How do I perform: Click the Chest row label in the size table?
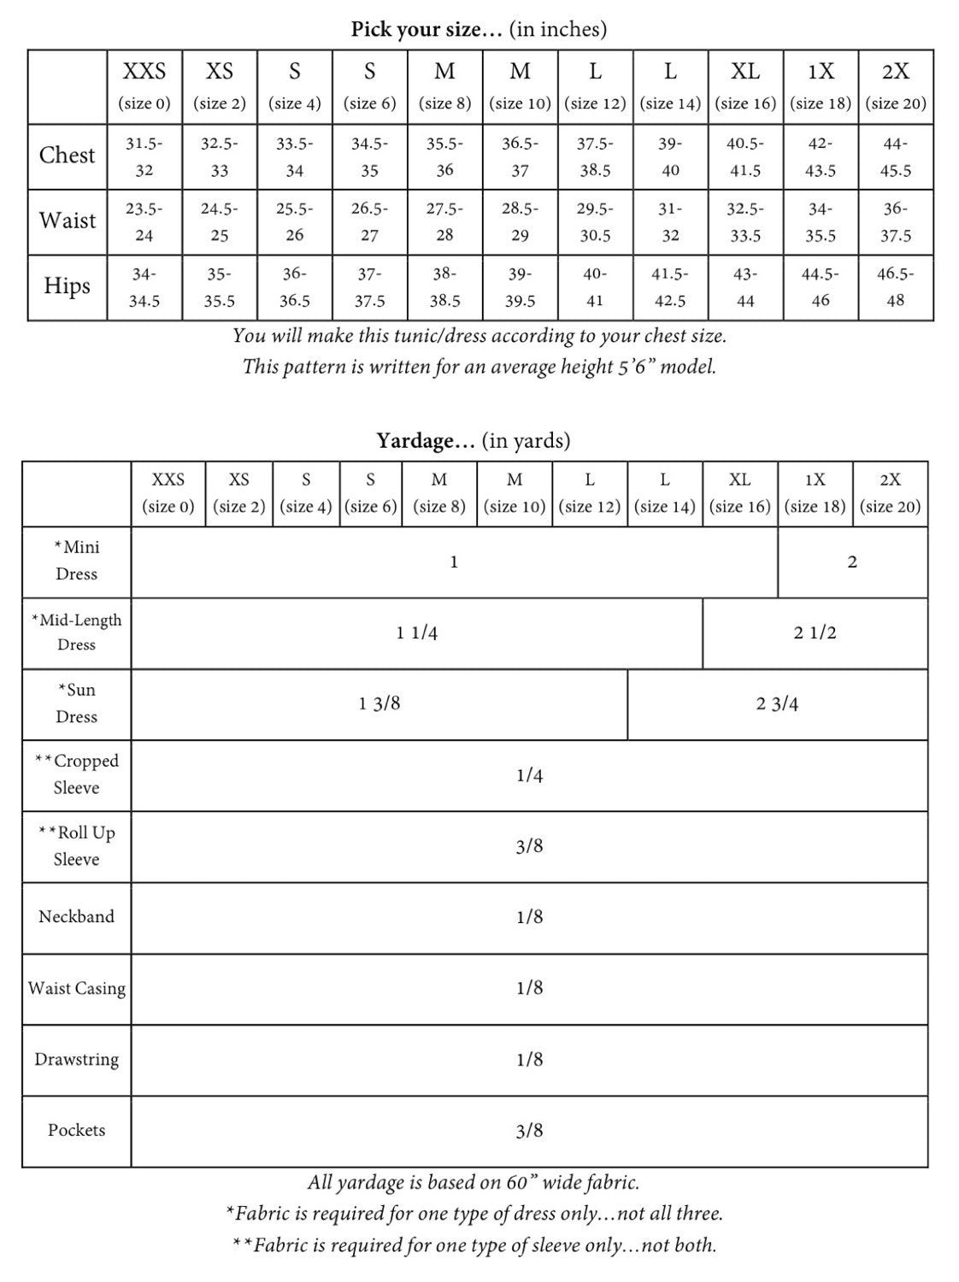[67, 156]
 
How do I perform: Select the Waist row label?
[67, 221]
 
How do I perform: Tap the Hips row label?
[67, 286]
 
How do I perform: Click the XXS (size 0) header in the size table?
[144, 85]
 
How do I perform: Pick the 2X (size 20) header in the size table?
[895, 85]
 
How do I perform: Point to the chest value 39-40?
[670, 156]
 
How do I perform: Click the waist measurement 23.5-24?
[144, 221]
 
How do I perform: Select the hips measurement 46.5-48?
[895, 287]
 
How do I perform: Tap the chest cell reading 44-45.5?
[895, 156]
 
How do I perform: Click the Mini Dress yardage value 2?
[851, 562]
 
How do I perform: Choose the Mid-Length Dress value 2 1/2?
[815, 633]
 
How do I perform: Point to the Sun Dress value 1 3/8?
[379, 704]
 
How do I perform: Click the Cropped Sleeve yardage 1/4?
[529, 775]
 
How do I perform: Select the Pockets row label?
[76, 1130]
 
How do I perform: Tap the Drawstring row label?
[76, 1059]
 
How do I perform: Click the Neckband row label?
[76, 917]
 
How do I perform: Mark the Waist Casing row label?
[76, 988]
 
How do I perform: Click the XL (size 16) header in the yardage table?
[739, 492]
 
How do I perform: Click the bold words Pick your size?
[427, 29]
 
